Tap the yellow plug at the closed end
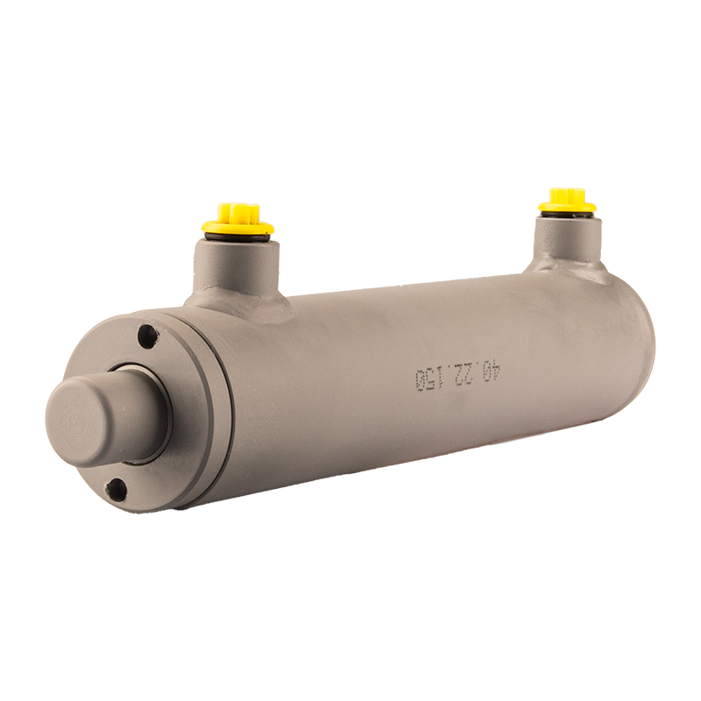coord(567,201)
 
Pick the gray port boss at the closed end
coord(568,243)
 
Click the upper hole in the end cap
coord(148,334)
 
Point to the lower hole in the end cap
coord(117,487)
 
